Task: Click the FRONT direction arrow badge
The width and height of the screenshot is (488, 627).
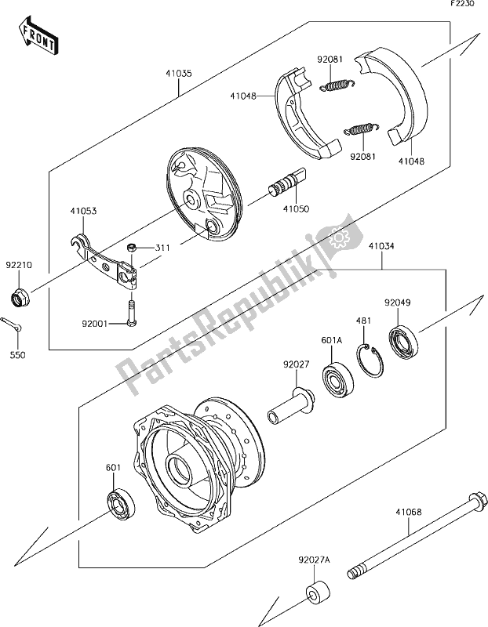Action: (35, 35)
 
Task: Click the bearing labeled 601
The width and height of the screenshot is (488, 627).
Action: (122, 502)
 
